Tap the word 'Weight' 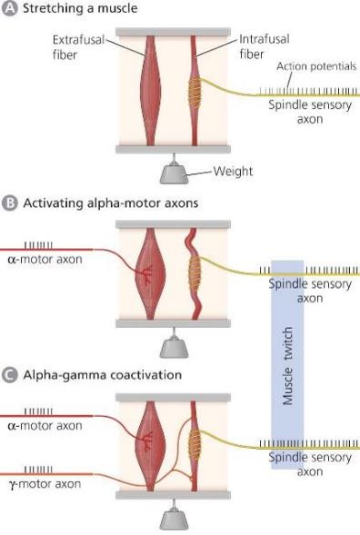point(236,171)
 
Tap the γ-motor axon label point(43,484)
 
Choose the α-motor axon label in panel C point(43,425)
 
